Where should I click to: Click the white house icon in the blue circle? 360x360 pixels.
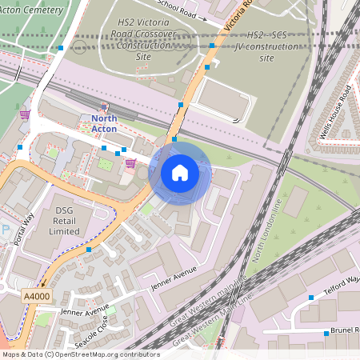click(x=180, y=172)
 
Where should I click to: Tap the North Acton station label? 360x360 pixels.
click(x=98, y=125)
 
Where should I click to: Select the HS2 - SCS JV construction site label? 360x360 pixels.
click(x=267, y=47)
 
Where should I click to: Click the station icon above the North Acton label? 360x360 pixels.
click(x=104, y=107)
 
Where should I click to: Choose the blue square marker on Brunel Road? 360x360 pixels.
click(x=326, y=333)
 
